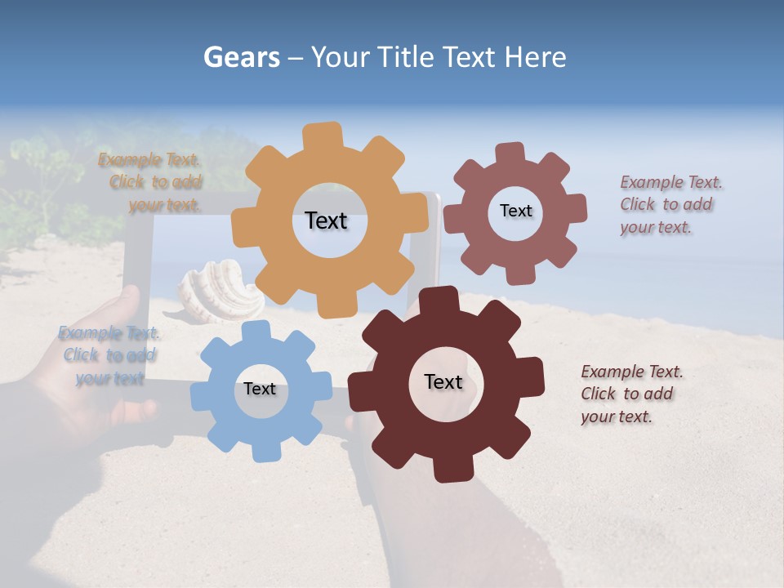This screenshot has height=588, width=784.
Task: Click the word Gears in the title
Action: [241, 57]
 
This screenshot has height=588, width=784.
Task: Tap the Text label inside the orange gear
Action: [326, 220]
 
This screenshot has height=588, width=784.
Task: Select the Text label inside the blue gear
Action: [260, 390]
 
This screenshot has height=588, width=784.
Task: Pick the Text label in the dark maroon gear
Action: [443, 382]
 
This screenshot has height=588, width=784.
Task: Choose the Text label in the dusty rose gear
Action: [516, 211]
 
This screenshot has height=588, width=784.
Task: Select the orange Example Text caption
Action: [151, 182]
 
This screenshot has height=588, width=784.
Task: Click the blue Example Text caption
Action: [109, 355]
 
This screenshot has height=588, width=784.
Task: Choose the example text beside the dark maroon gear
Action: [630, 394]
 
